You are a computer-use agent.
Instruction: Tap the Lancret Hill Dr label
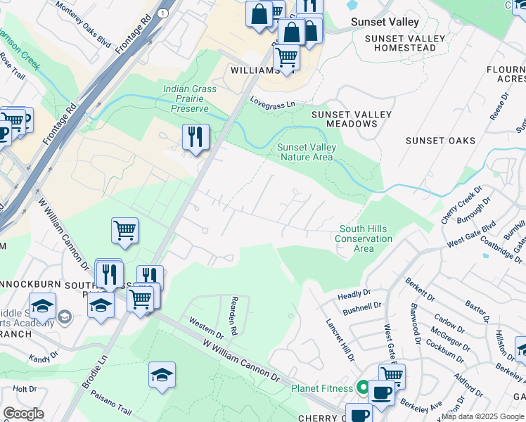340,340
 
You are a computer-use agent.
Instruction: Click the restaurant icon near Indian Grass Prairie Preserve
195,136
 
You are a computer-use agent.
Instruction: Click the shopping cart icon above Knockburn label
124,230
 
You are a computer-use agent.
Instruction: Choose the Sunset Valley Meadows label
345,119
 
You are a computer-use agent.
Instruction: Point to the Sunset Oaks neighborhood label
440,141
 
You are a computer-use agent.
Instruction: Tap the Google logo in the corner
23,414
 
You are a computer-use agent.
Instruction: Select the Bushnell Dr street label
361,309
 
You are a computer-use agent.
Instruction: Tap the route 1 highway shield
162,13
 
